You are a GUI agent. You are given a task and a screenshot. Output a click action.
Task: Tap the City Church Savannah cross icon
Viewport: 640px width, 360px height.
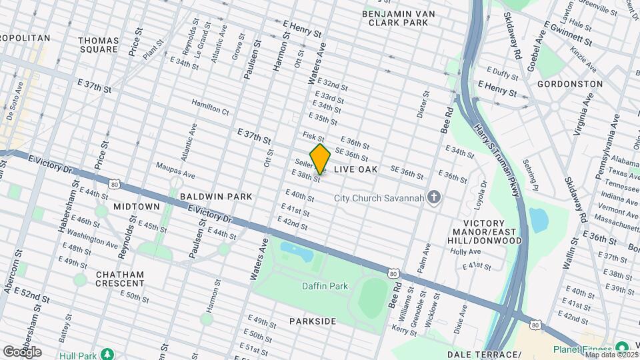click(x=434, y=197)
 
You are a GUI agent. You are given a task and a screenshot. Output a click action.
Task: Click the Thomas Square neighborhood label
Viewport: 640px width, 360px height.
click(x=99, y=45)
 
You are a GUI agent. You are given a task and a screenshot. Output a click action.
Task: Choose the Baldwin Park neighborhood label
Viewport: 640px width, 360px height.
click(x=215, y=197)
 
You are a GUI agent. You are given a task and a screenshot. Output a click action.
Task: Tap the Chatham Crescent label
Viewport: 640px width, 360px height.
click(x=120, y=279)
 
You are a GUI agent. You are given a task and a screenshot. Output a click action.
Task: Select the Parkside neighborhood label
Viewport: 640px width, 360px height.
click(x=313, y=321)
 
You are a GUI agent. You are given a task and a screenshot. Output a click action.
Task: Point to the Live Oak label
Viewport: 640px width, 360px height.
click(x=355, y=170)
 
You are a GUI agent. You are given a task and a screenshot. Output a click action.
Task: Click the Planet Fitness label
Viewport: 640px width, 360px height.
click(x=581, y=349)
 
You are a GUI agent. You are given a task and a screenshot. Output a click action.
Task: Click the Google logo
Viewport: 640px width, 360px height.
click(x=22, y=351)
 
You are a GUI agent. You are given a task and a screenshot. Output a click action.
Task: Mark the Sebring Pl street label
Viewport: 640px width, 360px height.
click(x=531, y=171)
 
